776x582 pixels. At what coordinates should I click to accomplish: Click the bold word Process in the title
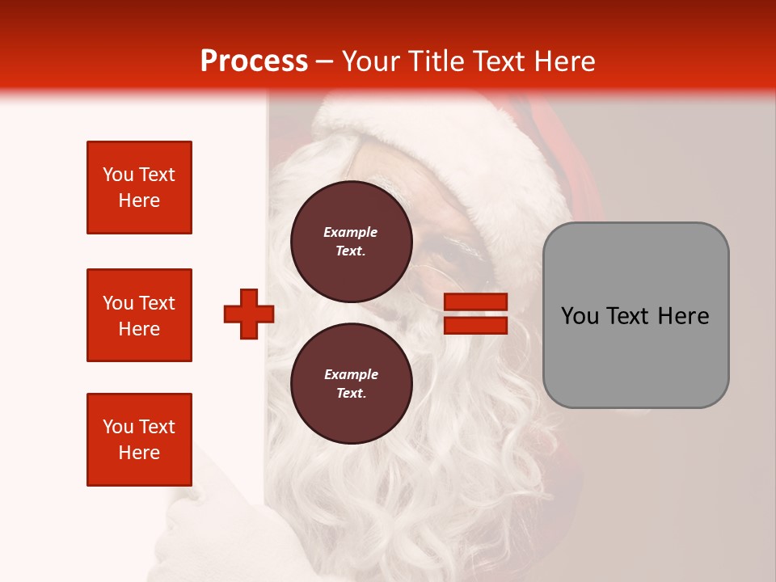[x=254, y=61]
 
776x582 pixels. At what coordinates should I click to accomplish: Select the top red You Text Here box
[x=139, y=188]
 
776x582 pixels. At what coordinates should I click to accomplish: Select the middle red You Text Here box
[x=139, y=315]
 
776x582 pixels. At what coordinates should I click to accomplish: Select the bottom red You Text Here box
[x=139, y=440]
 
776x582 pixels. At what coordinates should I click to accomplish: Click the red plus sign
[x=248, y=314]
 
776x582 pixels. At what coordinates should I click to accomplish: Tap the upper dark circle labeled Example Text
[x=351, y=242]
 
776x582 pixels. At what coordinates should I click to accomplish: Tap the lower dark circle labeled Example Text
[x=351, y=384]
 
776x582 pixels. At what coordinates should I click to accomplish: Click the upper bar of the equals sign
[x=475, y=302]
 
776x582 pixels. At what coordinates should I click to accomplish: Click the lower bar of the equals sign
[x=475, y=326]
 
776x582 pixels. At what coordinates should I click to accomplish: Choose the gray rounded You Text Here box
[x=635, y=315]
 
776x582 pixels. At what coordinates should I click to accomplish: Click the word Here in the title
[x=563, y=61]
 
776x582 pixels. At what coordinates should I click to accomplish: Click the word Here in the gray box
[x=684, y=316]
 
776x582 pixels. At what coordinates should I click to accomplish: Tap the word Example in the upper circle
[x=351, y=232]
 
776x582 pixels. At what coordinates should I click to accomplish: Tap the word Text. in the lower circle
[x=351, y=394]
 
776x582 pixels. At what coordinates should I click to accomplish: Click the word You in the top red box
[x=118, y=175]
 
